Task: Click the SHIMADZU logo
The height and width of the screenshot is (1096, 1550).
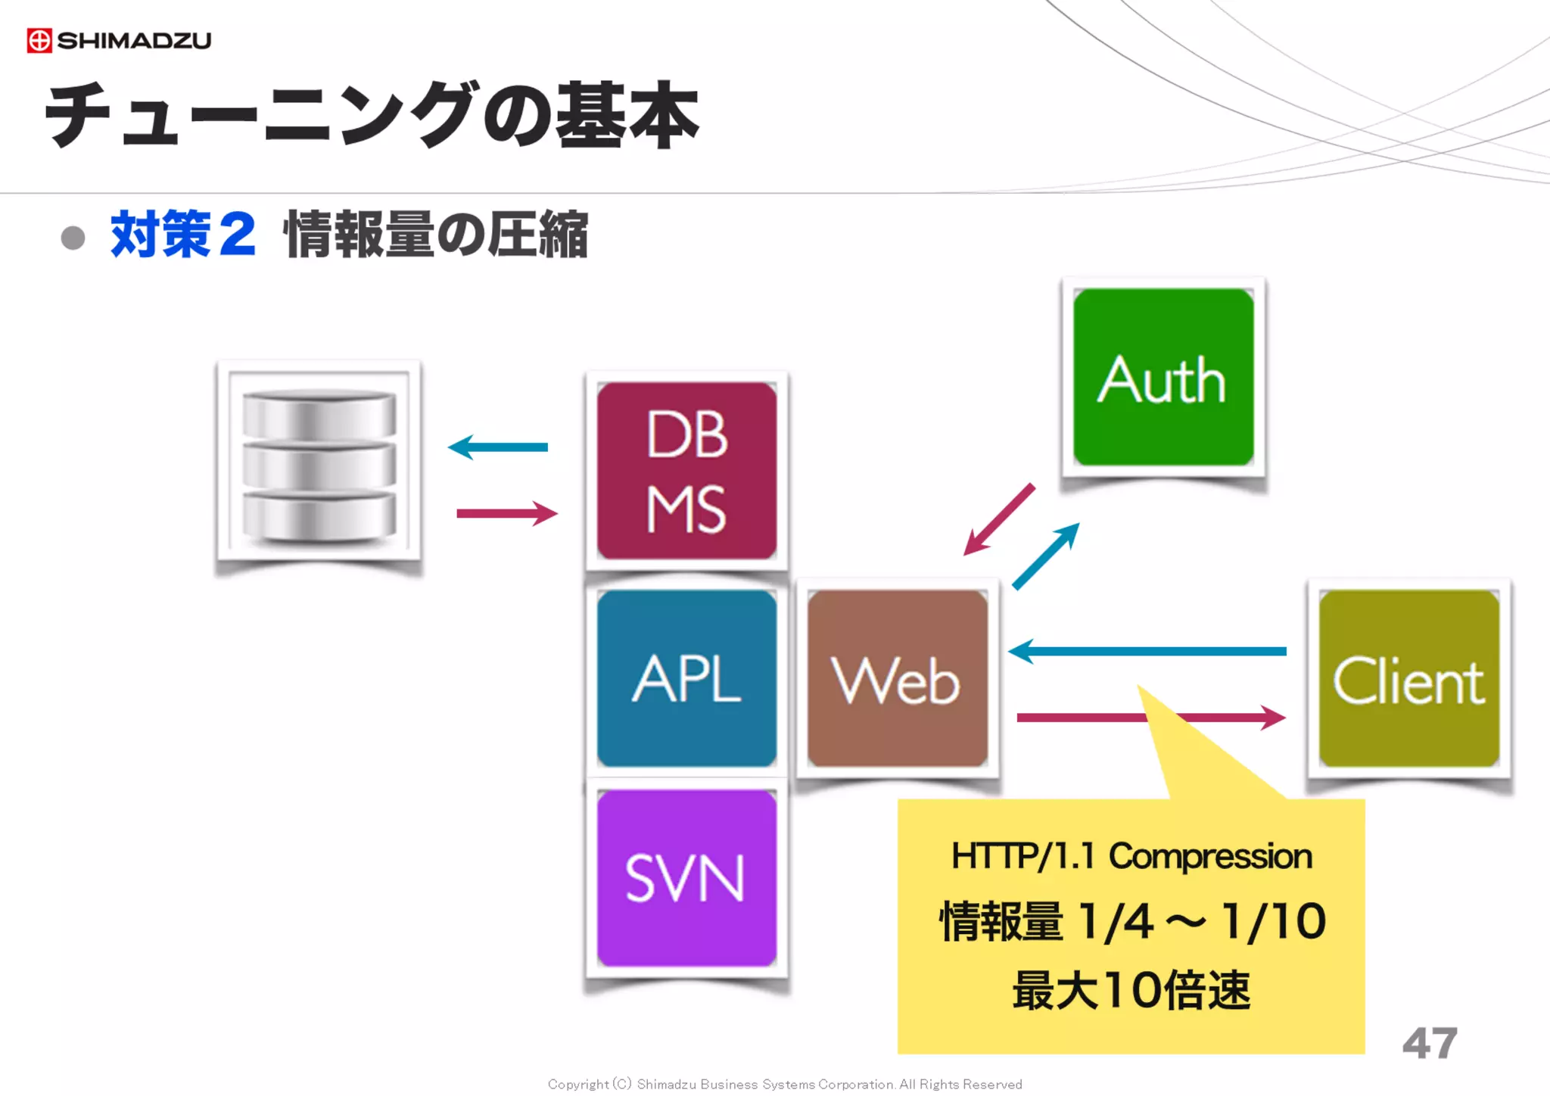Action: coord(119,40)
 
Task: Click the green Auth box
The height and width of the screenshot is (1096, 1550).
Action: coord(1163,378)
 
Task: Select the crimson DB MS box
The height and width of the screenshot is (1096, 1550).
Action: coord(686,471)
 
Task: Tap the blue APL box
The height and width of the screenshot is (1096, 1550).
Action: coord(686,678)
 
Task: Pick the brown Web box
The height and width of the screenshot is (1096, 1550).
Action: coord(897,678)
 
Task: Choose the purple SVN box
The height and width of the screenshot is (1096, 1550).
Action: coord(686,878)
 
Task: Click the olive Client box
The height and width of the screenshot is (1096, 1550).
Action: coord(1408,679)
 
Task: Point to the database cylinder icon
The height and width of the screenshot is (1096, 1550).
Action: coord(319,464)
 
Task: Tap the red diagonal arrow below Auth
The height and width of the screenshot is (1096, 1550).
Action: coord(999,519)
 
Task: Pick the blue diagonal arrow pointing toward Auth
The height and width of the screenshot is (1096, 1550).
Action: coord(1046,556)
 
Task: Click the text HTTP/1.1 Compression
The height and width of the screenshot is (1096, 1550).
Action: coord(1131,856)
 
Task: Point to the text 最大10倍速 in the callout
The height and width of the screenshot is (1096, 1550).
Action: coord(1131,990)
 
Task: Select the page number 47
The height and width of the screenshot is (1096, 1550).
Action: coord(1429,1043)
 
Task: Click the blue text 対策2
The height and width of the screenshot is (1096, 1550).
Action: coord(182,235)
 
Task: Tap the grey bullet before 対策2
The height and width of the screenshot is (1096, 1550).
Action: coord(73,238)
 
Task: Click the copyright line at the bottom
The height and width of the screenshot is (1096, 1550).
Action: coord(785,1084)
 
